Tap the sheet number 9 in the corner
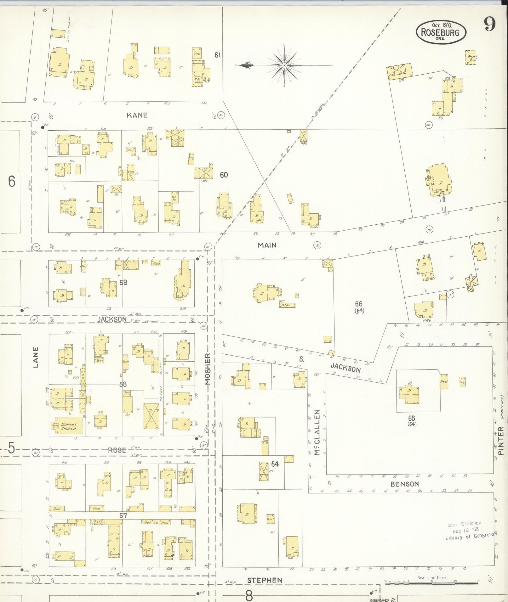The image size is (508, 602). (x=490, y=24)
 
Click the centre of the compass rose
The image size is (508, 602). (x=284, y=65)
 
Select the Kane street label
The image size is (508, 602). (x=137, y=115)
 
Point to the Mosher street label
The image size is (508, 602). (x=208, y=369)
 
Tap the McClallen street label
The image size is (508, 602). (x=317, y=432)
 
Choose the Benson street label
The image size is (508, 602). (x=405, y=484)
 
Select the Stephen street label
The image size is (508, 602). (x=265, y=580)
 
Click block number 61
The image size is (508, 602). (x=217, y=55)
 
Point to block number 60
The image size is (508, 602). (x=224, y=175)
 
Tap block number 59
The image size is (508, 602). (x=123, y=283)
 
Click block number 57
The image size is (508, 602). (x=123, y=515)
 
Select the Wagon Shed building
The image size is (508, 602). (x=471, y=58)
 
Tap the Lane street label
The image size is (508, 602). (x=36, y=357)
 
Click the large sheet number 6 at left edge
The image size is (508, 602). (x=12, y=181)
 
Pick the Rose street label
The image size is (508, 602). (x=117, y=450)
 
